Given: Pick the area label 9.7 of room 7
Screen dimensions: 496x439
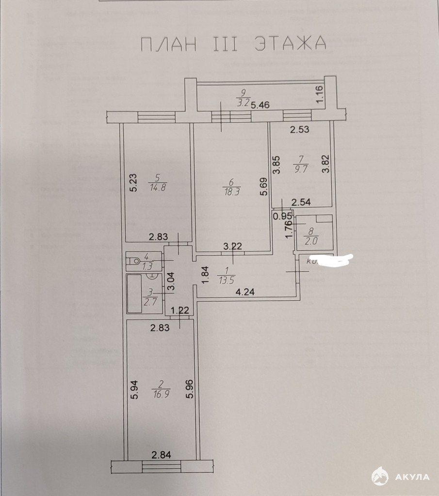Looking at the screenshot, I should point(300,169).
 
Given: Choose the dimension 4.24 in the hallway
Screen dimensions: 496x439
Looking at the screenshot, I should point(245,292).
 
